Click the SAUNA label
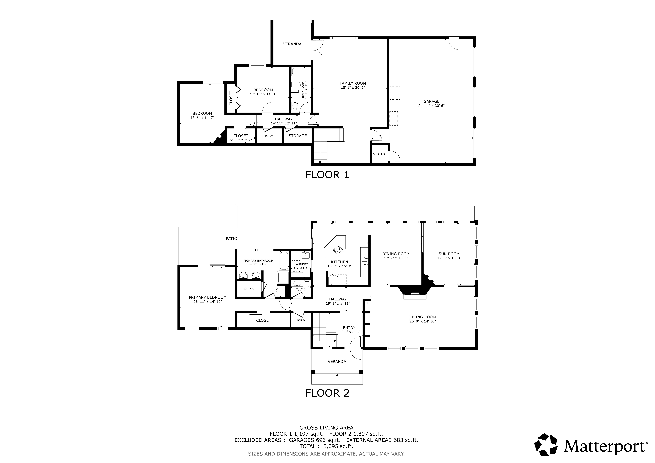coord(249,289)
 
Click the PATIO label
coord(231,239)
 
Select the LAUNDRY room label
coord(301,264)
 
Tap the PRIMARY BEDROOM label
coord(208,297)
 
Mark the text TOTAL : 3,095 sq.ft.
coord(326,446)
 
